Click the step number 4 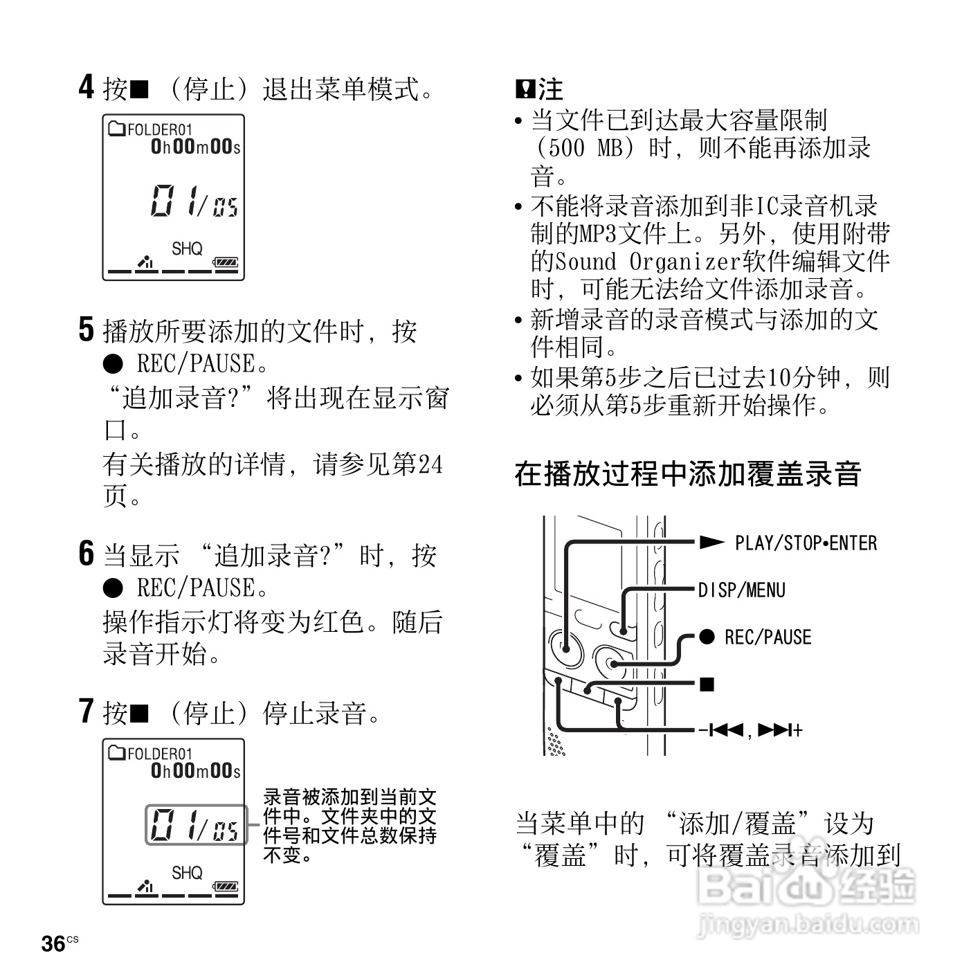[x=86, y=87]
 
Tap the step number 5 [x=86, y=329]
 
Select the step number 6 [x=86, y=554]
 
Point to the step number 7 [x=86, y=711]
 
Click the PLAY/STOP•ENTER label [x=806, y=543]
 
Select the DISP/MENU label [x=741, y=590]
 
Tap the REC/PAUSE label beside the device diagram [x=768, y=637]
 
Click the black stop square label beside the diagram [x=707, y=684]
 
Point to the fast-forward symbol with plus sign [x=781, y=730]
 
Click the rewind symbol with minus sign [x=720, y=730]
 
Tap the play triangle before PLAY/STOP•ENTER [x=711, y=543]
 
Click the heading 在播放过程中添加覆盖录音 [x=688, y=474]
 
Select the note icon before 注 [x=524, y=89]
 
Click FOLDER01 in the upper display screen [x=160, y=129]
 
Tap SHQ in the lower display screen [x=187, y=873]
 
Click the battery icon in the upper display [x=226, y=262]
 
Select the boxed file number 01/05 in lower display [x=195, y=825]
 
